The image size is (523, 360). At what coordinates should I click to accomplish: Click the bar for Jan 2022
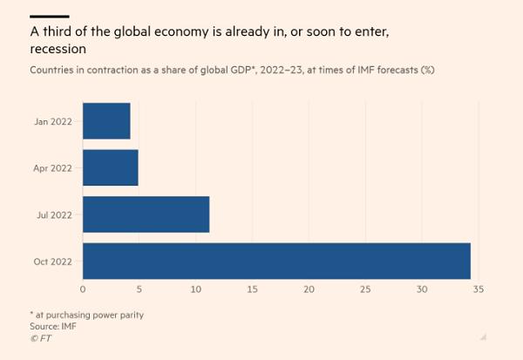pyautogui.click(x=106, y=121)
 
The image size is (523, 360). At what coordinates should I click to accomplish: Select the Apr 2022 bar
pyautogui.click(x=110, y=167)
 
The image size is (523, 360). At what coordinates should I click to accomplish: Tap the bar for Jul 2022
pyautogui.click(x=146, y=214)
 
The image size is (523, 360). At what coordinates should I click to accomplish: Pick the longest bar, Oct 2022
pyautogui.click(x=276, y=261)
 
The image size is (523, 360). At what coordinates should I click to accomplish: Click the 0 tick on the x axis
pyautogui.click(x=83, y=289)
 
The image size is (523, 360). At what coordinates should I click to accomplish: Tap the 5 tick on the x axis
pyautogui.click(x=139, y=289)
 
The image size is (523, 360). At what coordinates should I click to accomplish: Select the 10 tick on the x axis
pyautogui.click(x=196, y=289)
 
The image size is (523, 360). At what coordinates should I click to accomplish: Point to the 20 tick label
pyautogui.click(x=309, y=289)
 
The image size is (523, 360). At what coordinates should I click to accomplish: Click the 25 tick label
pyautogui.click(x=365, y=289)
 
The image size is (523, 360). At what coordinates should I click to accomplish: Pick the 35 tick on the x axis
pyautogui.click(x=478, y=289)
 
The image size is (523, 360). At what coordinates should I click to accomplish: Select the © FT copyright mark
pyautogui.click(x=41, y=337)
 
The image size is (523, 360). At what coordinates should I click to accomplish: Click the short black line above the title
pyautogui.click(x=49, y=16)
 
